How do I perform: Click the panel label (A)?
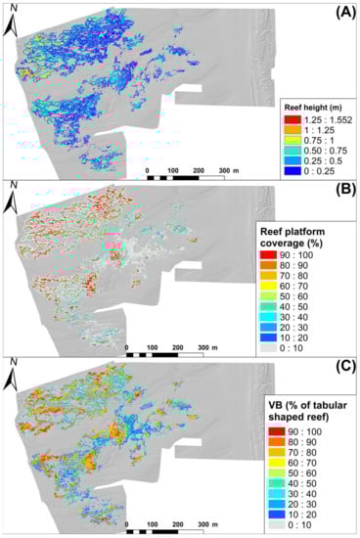(337, 13)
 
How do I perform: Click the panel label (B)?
(337, 192)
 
